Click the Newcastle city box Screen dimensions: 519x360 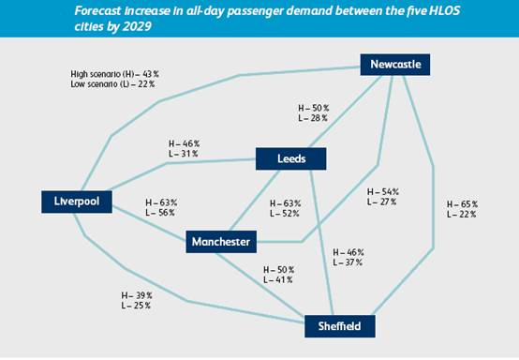[395, 65]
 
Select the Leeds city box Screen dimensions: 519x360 [291, 159]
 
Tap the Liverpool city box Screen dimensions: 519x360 [77, 202]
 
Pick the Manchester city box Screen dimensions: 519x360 [221, 242]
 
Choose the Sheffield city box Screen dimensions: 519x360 [340, 326]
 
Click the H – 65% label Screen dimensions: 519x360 [463, 204]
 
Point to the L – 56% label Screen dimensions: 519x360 [160, 213]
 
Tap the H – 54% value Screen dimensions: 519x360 [383, 192]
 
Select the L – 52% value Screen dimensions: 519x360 [285, 214]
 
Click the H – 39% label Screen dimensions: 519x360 [137, 295]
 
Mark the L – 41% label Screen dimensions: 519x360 [278, 280]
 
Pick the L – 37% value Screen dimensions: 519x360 [348, 262]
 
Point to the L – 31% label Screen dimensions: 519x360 [184, 154]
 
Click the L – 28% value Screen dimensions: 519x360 [313, 118]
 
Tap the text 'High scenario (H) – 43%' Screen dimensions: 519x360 [115, 74]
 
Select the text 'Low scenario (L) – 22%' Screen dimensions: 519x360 [112, 84]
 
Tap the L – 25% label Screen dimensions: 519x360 [136, 306]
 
